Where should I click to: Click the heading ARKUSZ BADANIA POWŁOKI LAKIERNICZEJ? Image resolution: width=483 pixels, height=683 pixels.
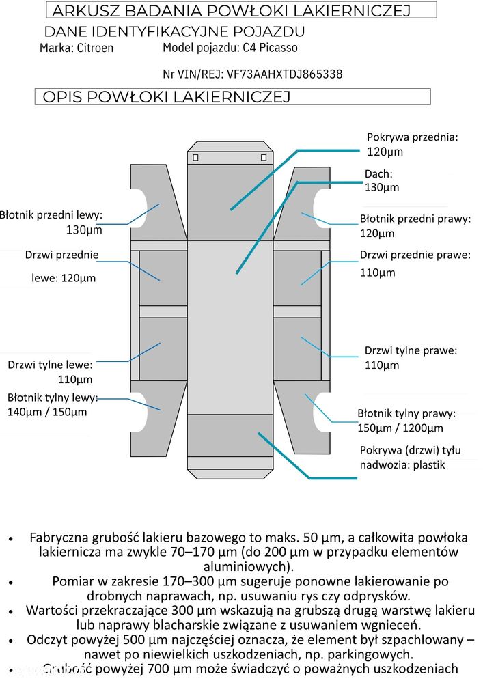(x=231, y=10)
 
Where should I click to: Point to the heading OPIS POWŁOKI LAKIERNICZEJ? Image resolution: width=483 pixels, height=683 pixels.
(x=167, y=97)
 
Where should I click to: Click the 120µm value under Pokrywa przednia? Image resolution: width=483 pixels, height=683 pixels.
(x=385, y=152)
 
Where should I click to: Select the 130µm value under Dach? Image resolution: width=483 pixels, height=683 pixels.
(x=382, y=187)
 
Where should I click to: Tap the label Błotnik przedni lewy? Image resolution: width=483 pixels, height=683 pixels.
(x=51, y=215)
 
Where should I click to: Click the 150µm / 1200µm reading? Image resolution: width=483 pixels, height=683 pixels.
(x=400, y=428)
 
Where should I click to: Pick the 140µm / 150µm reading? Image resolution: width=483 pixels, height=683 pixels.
(x=47, y=412)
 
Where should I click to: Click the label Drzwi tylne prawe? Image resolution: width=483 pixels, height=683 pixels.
(x=411, y=350)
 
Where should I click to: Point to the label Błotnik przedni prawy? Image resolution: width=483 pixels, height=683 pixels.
(x=415, y=219)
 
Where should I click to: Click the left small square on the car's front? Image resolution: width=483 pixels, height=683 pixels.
(x=195, y=158)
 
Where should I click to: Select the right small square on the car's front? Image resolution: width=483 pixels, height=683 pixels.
(x=264, y=158)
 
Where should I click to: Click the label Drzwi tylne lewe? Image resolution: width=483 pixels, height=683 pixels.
(x=50, y=365)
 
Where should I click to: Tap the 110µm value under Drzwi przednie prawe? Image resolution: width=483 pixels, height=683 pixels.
(x=378, y=273)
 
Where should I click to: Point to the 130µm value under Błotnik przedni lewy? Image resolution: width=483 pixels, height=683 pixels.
(x=84, y=230)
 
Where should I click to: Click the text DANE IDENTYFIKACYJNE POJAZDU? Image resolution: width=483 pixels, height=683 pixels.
(x=174, y=32)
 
